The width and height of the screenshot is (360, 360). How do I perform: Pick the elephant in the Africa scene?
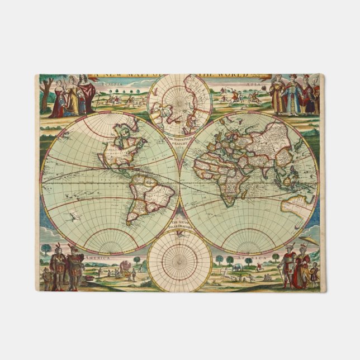pyautogui.click(x=237, y=268)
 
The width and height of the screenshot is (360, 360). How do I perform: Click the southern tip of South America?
pyautogui.click(x=132, y=222)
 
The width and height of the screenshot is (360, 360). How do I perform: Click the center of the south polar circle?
pyautogui.click(x=179, y=260)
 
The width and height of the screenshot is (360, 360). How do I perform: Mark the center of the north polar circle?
pyautogui.click(x=179, y=104)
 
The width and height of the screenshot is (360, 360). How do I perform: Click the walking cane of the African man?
pyautogui.click(x=283, y=274)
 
